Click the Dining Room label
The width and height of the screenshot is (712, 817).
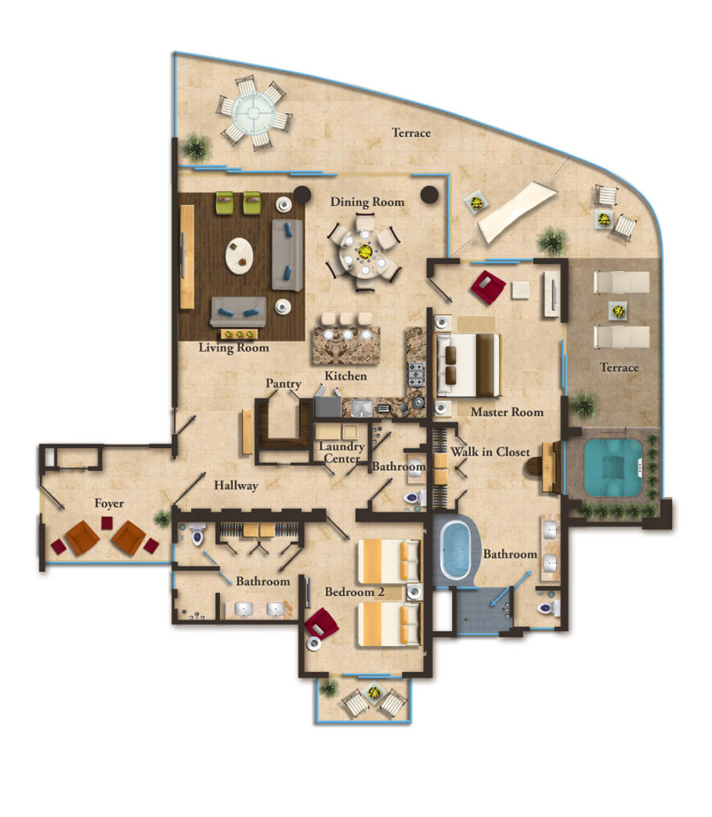pyautogui.click(x=367, y=202)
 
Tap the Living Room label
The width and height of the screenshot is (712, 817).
pyautogui.click(x=233, y=348)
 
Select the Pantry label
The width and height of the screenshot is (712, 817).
pyautogui.click(x=283, y=384)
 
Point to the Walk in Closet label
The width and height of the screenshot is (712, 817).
pyautogui.click(x=490, y=452)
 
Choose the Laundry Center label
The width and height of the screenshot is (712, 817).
pyautogui.click(x=342, y=453)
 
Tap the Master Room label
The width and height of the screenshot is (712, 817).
pyautogui.click(x=507, y=412)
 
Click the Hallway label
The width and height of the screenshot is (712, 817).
pyautogui.click(x=236, y=486)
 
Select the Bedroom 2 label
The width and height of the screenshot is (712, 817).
pyautogui.click(x=354, y=592)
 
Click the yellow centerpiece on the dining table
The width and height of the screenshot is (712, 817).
pyautogui.click(x=365, y=251)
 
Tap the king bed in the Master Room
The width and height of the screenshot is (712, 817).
pyautogui.click(x=467, y=366)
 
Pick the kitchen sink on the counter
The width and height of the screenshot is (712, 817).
pyautogui.click(x=361, y=407)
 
